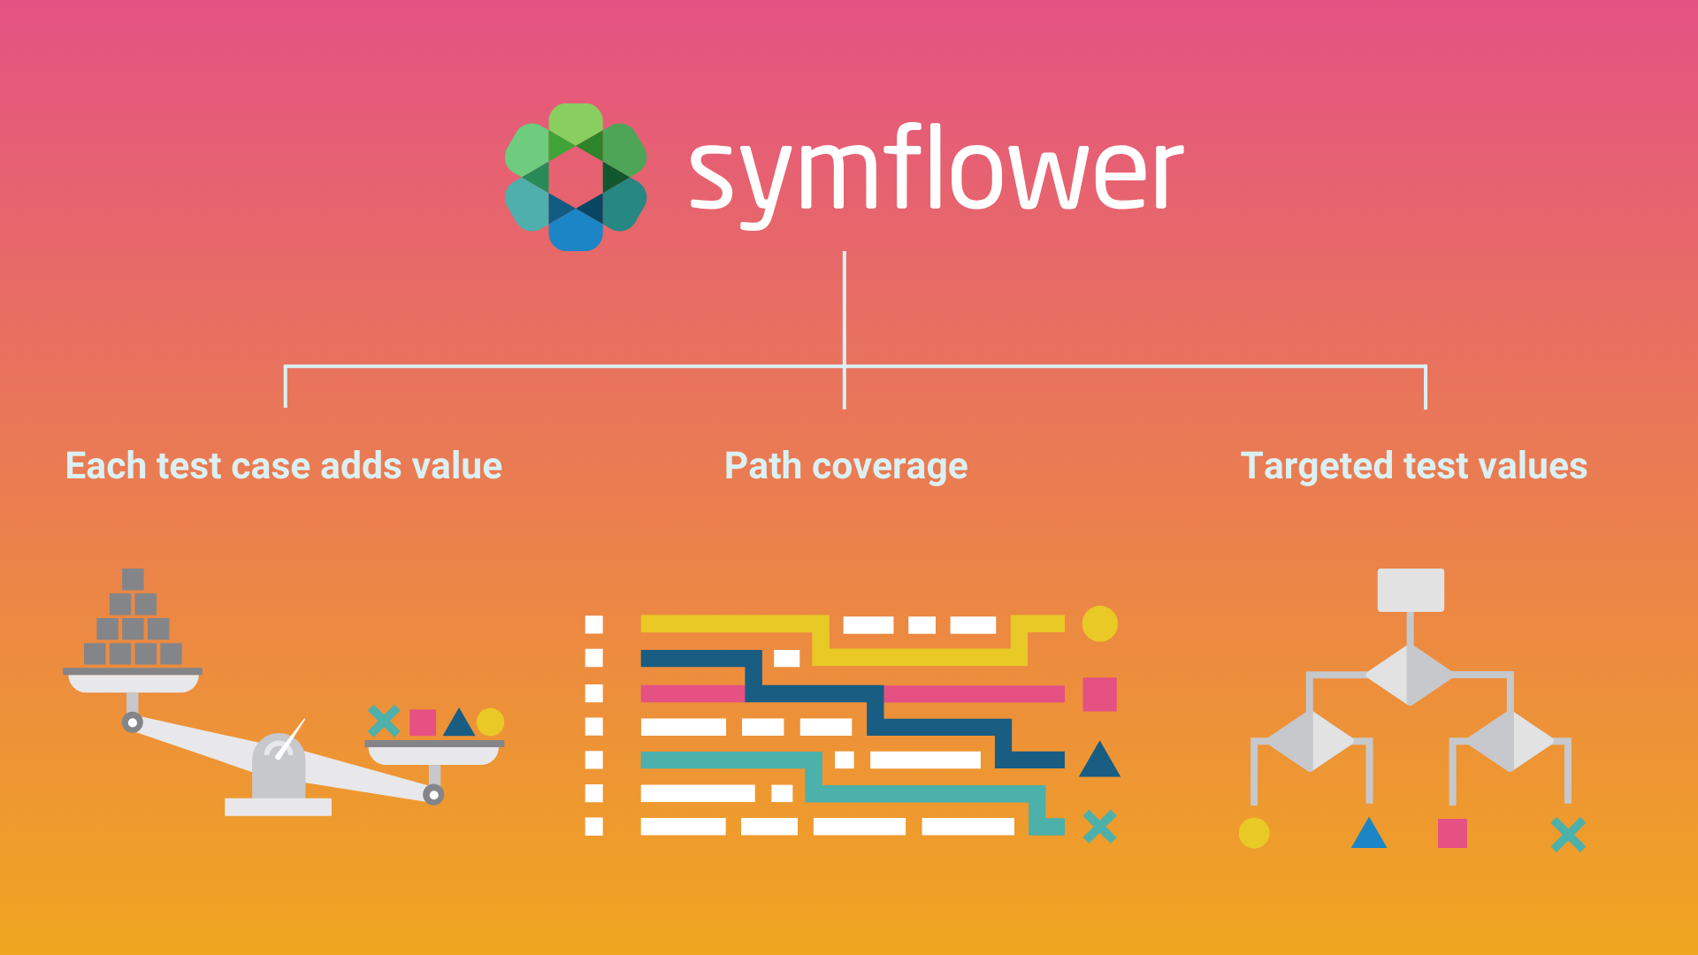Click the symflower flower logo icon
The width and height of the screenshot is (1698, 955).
(x=576, y=177)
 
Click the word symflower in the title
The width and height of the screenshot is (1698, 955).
(x=936, y=175)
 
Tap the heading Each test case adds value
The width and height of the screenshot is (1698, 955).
(x=284, y=466)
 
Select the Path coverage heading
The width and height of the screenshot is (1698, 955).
(x=846, y=467)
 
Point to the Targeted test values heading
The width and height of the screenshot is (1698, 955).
(x=1414, y=467)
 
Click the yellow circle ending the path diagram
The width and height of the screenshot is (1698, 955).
(x=1099, y=624)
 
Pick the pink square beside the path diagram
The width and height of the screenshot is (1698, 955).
(x=1099, y=694)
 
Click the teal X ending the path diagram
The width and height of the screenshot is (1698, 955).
(x=1099, y=827)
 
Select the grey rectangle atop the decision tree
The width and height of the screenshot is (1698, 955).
(x=1411, y=590)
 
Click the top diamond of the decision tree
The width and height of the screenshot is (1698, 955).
(x=1410, y=675)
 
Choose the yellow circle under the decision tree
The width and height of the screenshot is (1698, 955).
(x=1254, y=833)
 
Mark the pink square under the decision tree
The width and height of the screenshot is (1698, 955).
(x=1452, y=833)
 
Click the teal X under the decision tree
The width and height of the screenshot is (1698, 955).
(x=1568, y=835)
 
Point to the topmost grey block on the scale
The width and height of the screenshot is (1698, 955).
(x=133, y=579)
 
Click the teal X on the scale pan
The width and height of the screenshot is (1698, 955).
(x=384, y=721)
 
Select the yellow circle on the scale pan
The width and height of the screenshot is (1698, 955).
(x=490, y=722)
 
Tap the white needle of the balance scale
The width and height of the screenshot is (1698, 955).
(x=290, y=738)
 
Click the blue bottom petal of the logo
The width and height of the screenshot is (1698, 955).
(x=576, y=232)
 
